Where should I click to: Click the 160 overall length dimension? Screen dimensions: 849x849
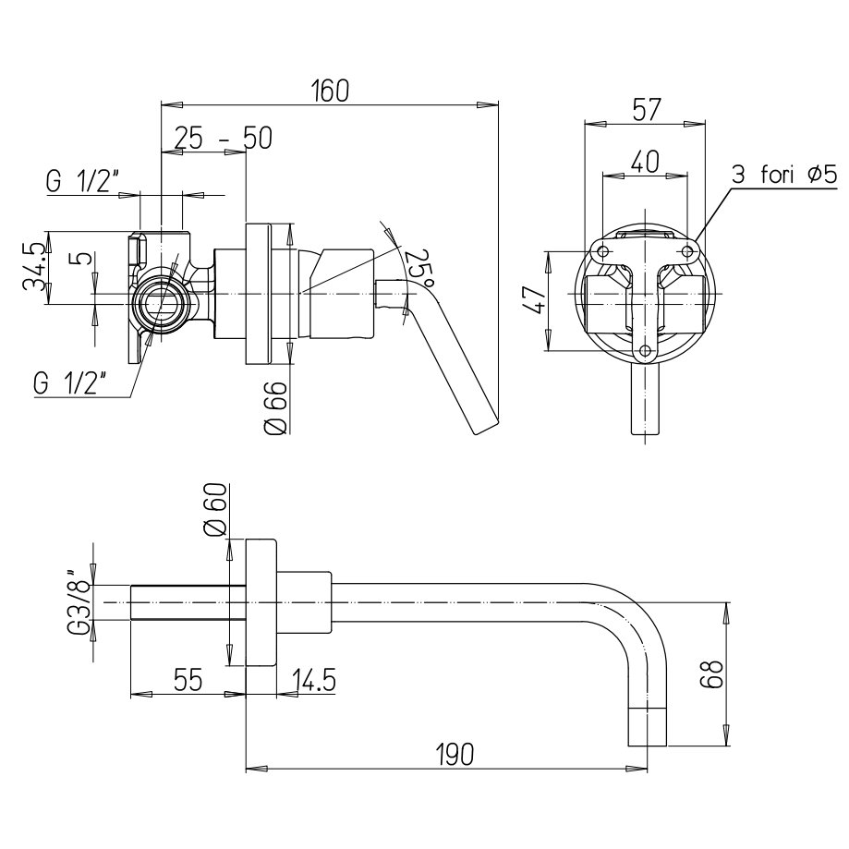331,91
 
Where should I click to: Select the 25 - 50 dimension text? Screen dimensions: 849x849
223,138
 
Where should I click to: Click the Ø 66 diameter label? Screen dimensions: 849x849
275,407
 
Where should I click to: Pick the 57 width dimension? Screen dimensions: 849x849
647,109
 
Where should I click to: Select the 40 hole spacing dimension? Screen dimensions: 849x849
645,162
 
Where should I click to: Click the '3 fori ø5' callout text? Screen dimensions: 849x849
784,175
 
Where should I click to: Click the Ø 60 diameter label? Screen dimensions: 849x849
216,510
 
